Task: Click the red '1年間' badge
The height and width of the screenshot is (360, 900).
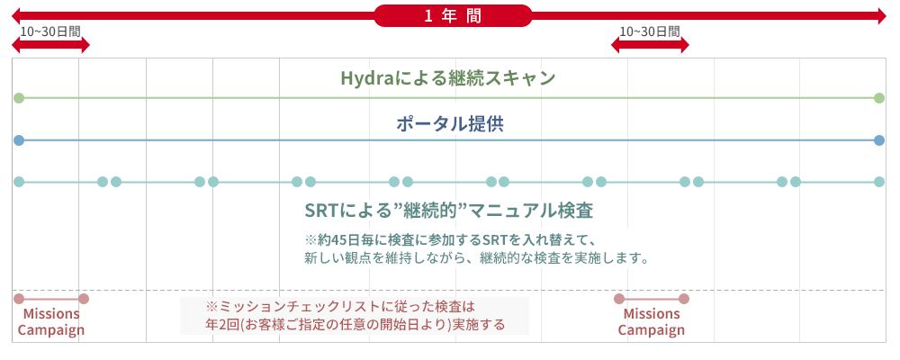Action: click(453, 15)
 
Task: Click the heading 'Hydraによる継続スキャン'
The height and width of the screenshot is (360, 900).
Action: click(448, 78)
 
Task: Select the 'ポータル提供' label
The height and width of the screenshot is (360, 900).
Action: click(449, 124)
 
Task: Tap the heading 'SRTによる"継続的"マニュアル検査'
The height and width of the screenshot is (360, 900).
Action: click(449, 211)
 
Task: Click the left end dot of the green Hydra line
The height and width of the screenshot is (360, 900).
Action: click(19, 98)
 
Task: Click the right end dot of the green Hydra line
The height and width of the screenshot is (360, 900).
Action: click(878, 98)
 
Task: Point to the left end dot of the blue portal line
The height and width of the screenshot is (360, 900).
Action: click(19, 140)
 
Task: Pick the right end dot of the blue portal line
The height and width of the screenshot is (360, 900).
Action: click(878, 140)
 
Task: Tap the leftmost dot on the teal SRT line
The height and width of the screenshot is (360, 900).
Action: click(19, 182)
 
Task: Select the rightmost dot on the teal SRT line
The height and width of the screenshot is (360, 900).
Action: click(878, 182)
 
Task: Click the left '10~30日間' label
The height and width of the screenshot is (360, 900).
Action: click(49, 31)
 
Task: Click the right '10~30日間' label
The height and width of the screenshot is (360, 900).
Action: click(650, 31)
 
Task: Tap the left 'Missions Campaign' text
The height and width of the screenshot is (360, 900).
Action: click(51, 322)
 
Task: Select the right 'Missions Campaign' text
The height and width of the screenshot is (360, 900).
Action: click(652, 322)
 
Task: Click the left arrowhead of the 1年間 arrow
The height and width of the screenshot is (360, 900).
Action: click(15, 15)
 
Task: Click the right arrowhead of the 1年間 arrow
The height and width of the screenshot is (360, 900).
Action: click(883, 15)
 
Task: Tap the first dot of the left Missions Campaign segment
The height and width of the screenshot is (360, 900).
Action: click(19, 299)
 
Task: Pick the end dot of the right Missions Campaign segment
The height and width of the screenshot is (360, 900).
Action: click(684, 299)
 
